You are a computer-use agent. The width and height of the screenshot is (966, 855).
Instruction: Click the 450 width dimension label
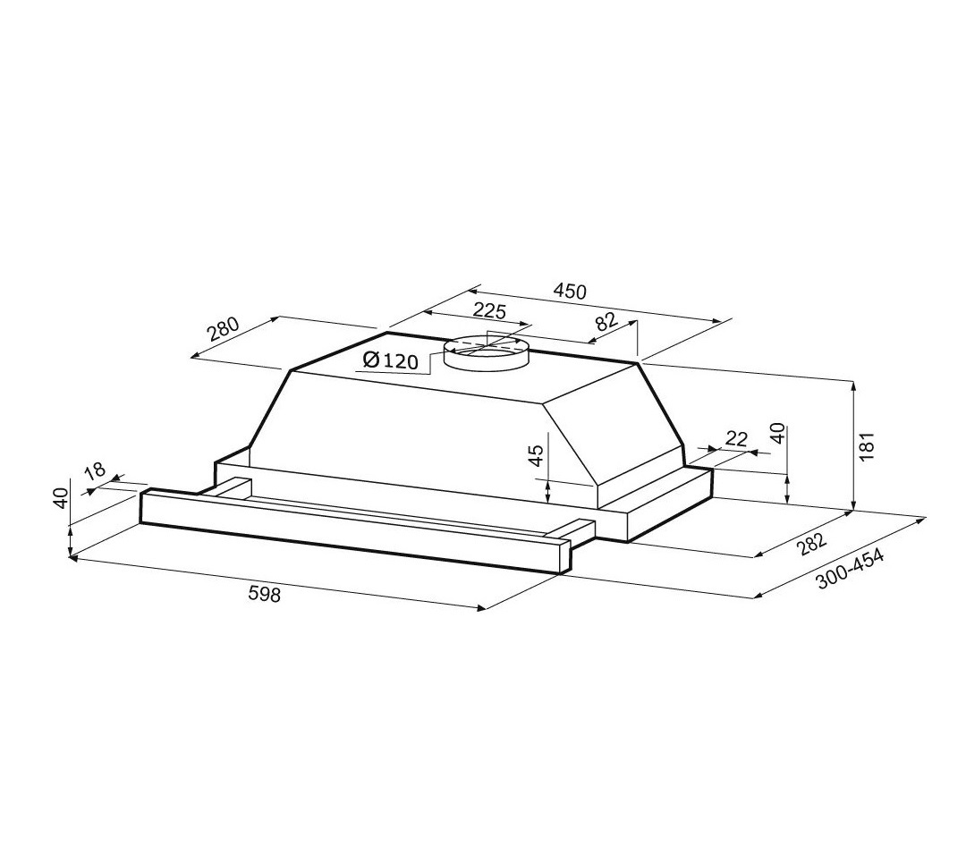570,291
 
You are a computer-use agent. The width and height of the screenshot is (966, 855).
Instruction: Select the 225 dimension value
489,311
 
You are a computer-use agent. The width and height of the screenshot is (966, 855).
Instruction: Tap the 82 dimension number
606,322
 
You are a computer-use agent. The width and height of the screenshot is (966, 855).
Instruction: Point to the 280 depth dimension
222,328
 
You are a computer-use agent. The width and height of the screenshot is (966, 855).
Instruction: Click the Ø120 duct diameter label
391,360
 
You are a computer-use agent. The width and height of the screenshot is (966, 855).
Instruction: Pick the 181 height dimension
867,446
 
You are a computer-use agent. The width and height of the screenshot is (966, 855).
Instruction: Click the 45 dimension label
538,455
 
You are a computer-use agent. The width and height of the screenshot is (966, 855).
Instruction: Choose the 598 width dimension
264,594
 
